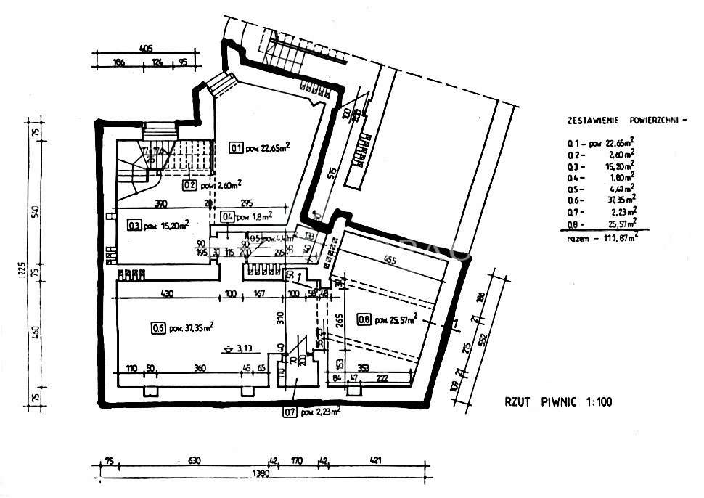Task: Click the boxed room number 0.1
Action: click(x=236, y=148)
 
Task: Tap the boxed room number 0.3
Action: click(x=134, y=225)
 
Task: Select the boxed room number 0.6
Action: click(x=157, y=327)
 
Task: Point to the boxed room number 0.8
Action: click(x=363, y=319)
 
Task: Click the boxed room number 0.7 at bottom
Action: click(x=290, y=415)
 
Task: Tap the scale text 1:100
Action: click(x=597, y=401)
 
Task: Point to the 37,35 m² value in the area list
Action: click(x=621, y=198)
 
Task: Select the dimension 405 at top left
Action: click(x=146, y=49)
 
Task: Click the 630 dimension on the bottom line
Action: click(x=193, y=460)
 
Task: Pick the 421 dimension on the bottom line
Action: click(x=375, y=460)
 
